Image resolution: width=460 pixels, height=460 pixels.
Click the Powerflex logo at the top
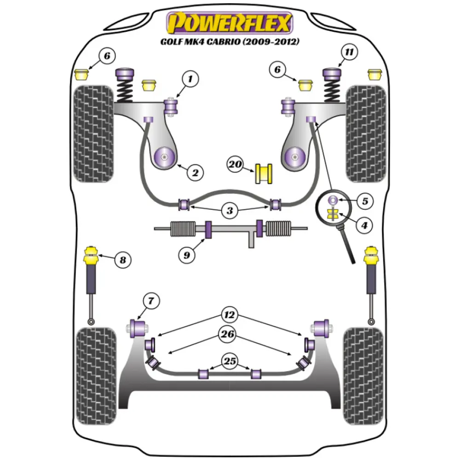230,23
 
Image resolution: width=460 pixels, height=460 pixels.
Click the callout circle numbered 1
190,79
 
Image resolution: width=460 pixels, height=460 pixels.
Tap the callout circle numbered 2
195,173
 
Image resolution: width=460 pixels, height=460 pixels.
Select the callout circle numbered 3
230,211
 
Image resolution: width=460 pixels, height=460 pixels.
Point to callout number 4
364,225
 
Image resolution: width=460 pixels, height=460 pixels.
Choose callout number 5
364,201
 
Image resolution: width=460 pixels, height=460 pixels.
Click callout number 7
150,302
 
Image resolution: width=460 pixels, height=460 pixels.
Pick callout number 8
122,260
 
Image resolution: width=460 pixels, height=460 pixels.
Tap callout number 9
187,254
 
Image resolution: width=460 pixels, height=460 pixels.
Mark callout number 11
350,52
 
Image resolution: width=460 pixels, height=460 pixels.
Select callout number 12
230,315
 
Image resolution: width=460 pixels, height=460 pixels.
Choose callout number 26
229,335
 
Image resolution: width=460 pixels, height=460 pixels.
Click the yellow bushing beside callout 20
264,173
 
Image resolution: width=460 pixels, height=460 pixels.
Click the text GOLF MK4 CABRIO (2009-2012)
230,42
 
